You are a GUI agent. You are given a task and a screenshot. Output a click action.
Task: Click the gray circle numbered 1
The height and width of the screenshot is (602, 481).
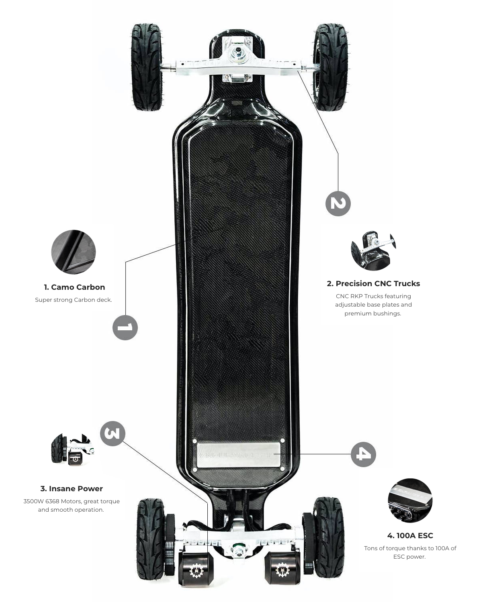click(x=125, y=327)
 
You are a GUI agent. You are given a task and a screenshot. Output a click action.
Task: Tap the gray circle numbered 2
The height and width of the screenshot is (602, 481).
click(x=338, y=203)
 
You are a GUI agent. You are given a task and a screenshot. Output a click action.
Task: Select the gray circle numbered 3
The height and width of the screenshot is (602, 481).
click(x=113, y=433)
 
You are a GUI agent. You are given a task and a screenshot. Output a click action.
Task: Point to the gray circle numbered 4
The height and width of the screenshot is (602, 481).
click(x=363, y=454)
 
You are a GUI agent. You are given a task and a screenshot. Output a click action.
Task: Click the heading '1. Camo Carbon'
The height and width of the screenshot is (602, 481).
click(x=74, y=287)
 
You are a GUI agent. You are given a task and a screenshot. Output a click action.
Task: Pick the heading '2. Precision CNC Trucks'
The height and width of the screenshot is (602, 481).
click(x=373, y=283)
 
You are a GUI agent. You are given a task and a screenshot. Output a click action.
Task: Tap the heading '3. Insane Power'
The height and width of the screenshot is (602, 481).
click(x=72, y=488)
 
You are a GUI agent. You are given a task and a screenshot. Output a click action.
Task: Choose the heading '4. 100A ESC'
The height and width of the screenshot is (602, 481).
click(x=410, y=535)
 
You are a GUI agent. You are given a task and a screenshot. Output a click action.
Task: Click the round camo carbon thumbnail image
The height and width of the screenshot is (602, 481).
click(x=74, y=252)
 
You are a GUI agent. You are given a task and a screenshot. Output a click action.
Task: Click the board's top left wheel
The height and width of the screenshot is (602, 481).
click(x=147, y=67)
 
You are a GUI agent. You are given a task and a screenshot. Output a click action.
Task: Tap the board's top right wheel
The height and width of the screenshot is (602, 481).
click(x=331, y=67)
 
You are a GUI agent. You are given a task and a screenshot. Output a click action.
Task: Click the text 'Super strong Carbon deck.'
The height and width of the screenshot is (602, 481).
click(x=74, y=300)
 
